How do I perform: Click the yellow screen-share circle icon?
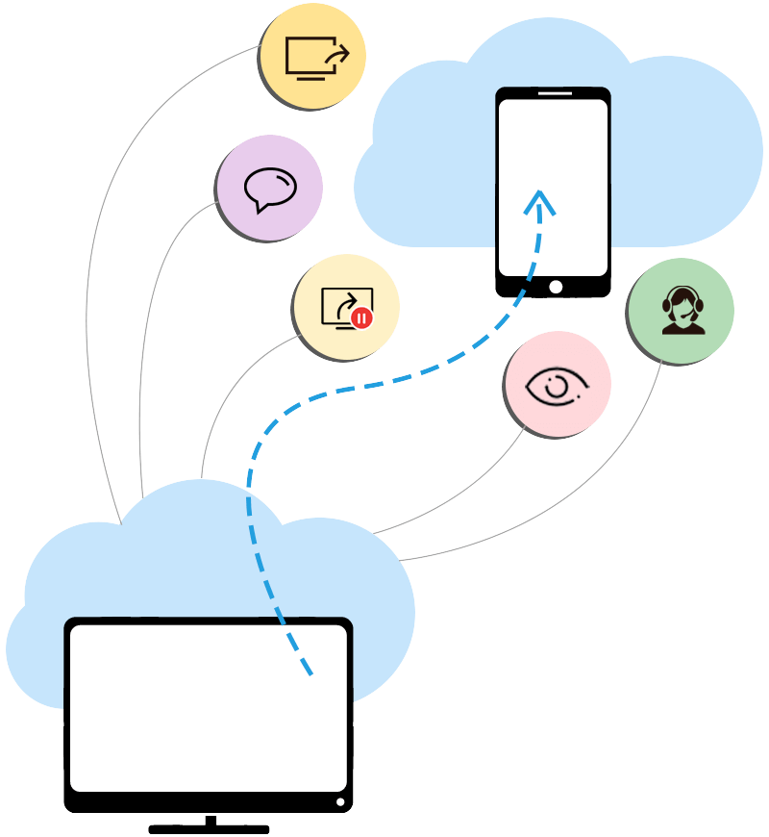pyautogui.click(x=313, y=59)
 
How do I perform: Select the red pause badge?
pyautogui.click(x=361, y=317)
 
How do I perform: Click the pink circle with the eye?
pyautogui.click(x=557, y=385)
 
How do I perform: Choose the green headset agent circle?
pyautogui.click(x=681, y=310)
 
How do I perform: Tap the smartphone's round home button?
pyautogui.click(x=555, y=287)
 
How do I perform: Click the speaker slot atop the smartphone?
pyautogui.click(x=553, y=94)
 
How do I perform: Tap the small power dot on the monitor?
pyautogui.click(x=339, y=801)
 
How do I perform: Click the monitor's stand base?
pyautogui.click(x=209, y=828)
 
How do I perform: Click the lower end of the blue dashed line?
pyautogui.click(x=309, y=671)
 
